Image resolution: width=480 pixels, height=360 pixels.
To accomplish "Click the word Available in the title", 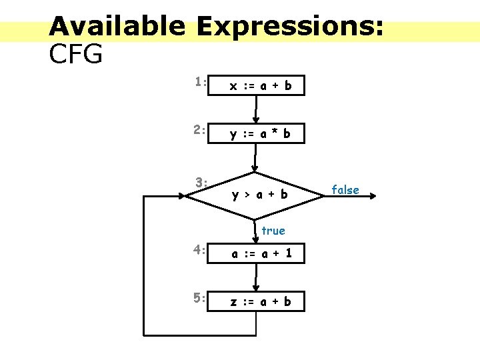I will click(117, 27).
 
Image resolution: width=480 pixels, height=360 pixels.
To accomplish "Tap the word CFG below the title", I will click(76, 55).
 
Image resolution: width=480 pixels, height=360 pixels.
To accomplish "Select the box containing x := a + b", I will click(257, 85).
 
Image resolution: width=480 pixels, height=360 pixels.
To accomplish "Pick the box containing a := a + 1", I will click(257, 253).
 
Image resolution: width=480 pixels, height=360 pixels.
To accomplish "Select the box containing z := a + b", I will click(257, 301).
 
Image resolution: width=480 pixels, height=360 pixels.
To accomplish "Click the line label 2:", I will click(199, 130).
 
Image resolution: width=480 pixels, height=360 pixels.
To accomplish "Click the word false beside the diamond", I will click(345, 190).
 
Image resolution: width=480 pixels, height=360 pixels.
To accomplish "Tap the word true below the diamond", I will click(273, 231).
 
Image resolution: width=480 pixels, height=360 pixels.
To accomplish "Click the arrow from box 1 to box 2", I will click(256, 108).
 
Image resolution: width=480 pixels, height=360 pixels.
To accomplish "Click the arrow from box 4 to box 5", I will click(256, 277).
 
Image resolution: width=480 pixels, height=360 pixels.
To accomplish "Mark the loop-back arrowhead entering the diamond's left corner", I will click(185, 195).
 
